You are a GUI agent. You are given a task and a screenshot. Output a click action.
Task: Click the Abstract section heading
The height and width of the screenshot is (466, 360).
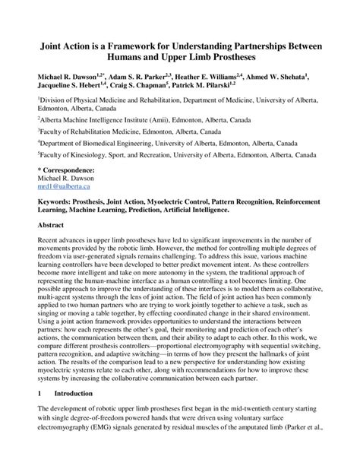[52, 226]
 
